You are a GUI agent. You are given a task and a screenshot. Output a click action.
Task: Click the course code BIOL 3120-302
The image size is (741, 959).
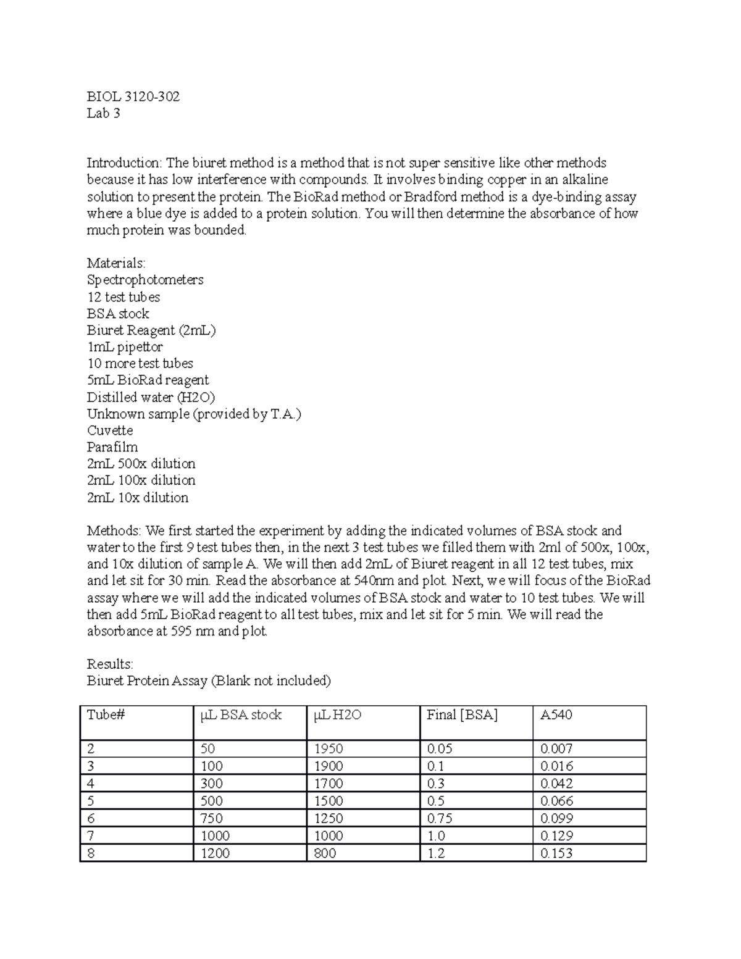[x=133, y=96]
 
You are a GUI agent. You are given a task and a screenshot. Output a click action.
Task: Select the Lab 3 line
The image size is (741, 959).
[x=103, y=113]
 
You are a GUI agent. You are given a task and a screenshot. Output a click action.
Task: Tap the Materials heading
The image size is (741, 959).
[x=116, y=263]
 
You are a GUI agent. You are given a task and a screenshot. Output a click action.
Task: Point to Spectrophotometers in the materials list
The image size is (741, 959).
[x=145, y=280]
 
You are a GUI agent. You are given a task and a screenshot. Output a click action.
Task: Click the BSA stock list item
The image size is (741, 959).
[x=118, y=313]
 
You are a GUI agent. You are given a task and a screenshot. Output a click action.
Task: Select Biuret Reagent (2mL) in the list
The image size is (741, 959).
[x=151, y=330]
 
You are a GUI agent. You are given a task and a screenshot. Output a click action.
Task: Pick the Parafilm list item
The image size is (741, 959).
[x=112, y=447]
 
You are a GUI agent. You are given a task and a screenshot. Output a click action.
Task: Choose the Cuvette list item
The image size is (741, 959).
[x=110, y=430]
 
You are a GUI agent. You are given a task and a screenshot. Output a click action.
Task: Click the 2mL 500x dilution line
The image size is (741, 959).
[x=141, y=464]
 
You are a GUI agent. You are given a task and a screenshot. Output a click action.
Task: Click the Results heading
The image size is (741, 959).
[x=109, y=664]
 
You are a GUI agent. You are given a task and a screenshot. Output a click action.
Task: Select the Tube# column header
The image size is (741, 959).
[x=106, y=715]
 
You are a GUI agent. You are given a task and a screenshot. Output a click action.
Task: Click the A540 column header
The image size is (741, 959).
[x=556, y=715]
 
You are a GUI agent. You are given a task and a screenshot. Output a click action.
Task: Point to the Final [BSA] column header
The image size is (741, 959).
[x=462, y=715]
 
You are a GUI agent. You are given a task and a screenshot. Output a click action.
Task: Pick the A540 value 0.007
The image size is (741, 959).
[x=556, y=749]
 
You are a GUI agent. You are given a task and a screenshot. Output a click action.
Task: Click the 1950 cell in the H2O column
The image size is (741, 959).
[x=329, y=749]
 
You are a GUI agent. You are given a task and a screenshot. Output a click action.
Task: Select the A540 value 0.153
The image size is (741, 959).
[x=556, y=853]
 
